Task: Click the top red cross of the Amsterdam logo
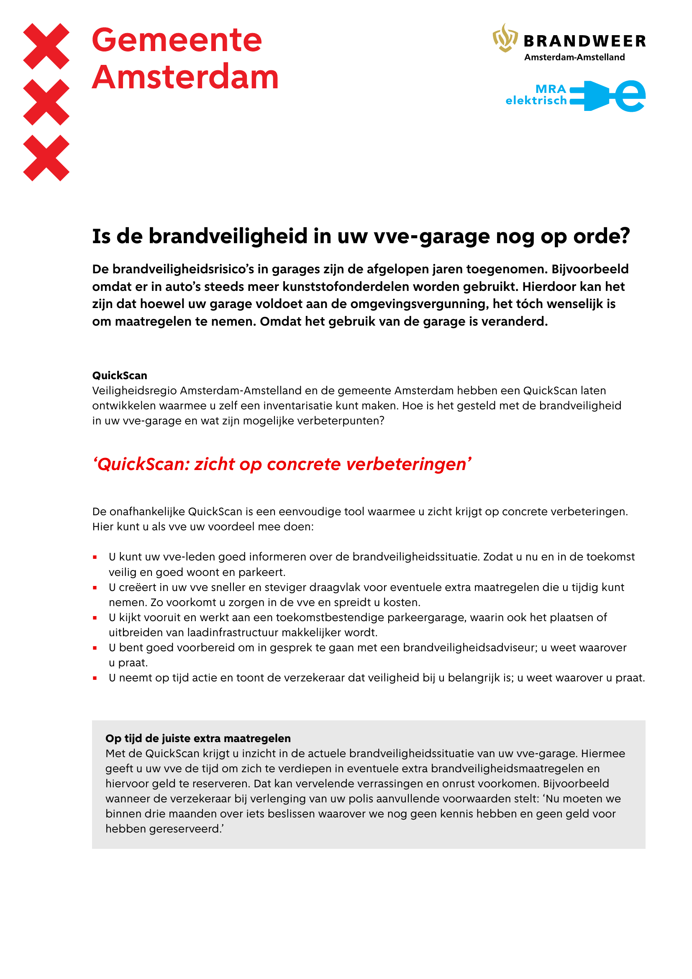click(x=46, y=46)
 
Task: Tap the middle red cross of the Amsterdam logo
click(x=46, y=102)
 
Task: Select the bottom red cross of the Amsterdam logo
click(x=46, y=158)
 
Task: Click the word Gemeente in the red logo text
click(x=177, y=40)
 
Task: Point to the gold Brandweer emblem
click(x=505, y=39)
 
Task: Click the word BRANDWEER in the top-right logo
click(x=584, y=41)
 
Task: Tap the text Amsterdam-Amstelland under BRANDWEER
click(x=574, y=57)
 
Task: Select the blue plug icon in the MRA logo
click(x=590, y=96)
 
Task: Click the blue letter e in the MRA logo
click(x=630, y=96)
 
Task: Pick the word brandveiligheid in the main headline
click(x=228, y=236)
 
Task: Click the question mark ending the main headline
click(x=625, y=236)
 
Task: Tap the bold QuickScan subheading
click(x=120, y=375)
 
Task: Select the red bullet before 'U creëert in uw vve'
click(x=95, y=588)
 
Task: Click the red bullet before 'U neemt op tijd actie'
click(x=95, y=678)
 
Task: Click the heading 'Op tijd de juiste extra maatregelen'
click(x=198, y=738)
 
